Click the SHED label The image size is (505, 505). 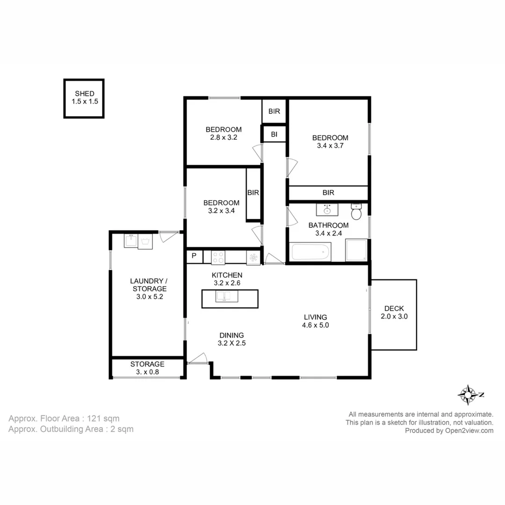pyautogui.click(x=85, y=94)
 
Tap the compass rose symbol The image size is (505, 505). pyautogui.click(x=467, y=395)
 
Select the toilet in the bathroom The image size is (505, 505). pyautogui.click(x=357, y=212)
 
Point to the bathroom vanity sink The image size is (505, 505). pyautogui.click(x=327, y=209)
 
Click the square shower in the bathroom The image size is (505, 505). pyautogui.click(x=356, y=251)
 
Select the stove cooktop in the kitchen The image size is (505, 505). pyautogui.click(x=218, y=257)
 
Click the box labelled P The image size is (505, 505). pyautogui.click(x=195, y=257)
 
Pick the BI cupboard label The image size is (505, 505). pyautogui.click(x=274, y=135)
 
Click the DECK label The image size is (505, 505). pyautogui.click(x=394, y=308)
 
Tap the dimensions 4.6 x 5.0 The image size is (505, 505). pyautogui.click(x=316, y=325)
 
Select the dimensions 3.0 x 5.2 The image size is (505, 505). pyautogui.click(x=148, y=296)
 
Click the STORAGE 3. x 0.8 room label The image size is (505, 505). pyautogui.click(x=147, y=368)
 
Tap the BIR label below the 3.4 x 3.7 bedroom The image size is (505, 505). pyautogui.click(x=328, y=193)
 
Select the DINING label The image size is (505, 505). pyautogui.click(x=231, y=335)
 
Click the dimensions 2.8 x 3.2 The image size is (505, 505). pyautogui.click(x=224, y=137)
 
